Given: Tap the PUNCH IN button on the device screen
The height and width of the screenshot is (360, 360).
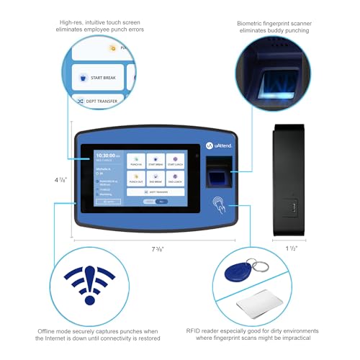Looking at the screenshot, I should [x=135, y=162].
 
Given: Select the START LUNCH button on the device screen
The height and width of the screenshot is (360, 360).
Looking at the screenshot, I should [x=175, y=162].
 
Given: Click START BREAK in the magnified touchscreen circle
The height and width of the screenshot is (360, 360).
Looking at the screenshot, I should [x=101, y=78].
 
